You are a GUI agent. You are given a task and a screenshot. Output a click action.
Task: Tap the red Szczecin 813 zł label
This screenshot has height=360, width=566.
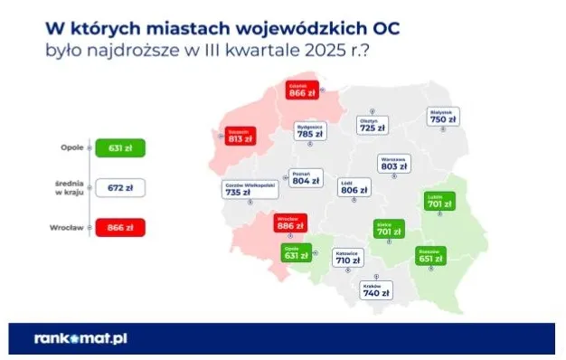[237, 137]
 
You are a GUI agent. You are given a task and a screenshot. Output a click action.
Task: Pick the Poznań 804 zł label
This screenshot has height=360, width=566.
[305, 177]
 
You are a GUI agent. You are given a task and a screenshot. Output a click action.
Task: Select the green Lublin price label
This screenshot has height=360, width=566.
[440, 202]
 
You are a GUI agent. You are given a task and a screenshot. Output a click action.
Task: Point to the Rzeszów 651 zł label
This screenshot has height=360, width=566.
[430, 255]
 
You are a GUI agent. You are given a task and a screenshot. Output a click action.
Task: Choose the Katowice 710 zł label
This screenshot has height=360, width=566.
[348, 258]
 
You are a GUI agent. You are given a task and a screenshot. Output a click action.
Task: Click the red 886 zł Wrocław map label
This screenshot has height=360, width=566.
[290, 223]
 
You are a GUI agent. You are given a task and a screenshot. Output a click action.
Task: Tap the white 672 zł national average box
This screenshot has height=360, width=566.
[119, 188]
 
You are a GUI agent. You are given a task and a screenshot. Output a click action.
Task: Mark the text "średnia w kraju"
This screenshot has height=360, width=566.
[70, 188]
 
